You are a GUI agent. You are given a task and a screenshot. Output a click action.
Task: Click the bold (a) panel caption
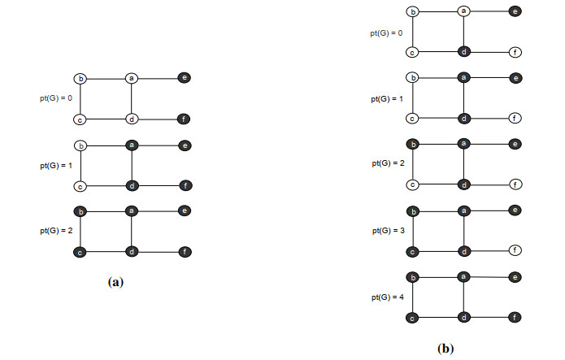point(115,283)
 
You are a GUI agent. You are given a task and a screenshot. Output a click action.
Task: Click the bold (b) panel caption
point(445,349)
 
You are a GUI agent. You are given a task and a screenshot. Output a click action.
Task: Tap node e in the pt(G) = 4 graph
point(514,277)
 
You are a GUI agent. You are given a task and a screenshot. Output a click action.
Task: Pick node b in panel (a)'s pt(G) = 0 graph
point(80,79)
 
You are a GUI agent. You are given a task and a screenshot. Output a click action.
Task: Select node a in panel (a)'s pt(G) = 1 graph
point(131,145)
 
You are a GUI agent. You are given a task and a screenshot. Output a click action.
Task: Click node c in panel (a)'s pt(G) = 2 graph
point(80,252)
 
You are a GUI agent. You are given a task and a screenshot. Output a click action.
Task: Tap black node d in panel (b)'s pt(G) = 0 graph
point(463,52)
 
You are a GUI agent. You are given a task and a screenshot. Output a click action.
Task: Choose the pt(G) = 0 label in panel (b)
point(385,33)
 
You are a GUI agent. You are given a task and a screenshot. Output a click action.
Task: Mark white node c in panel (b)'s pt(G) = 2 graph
point(413,184)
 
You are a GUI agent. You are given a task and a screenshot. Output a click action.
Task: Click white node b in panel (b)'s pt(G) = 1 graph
point(413,78)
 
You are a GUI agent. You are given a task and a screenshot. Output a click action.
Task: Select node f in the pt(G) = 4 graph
point(514,316)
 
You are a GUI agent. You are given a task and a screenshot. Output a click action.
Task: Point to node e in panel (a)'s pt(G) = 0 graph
point(186,78)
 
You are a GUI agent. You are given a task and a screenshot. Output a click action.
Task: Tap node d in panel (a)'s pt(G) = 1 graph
point(131,185)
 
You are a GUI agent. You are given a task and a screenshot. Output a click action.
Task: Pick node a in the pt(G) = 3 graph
point(463,210)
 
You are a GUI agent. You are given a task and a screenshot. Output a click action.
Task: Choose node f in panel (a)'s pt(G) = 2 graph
point(186,252)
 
